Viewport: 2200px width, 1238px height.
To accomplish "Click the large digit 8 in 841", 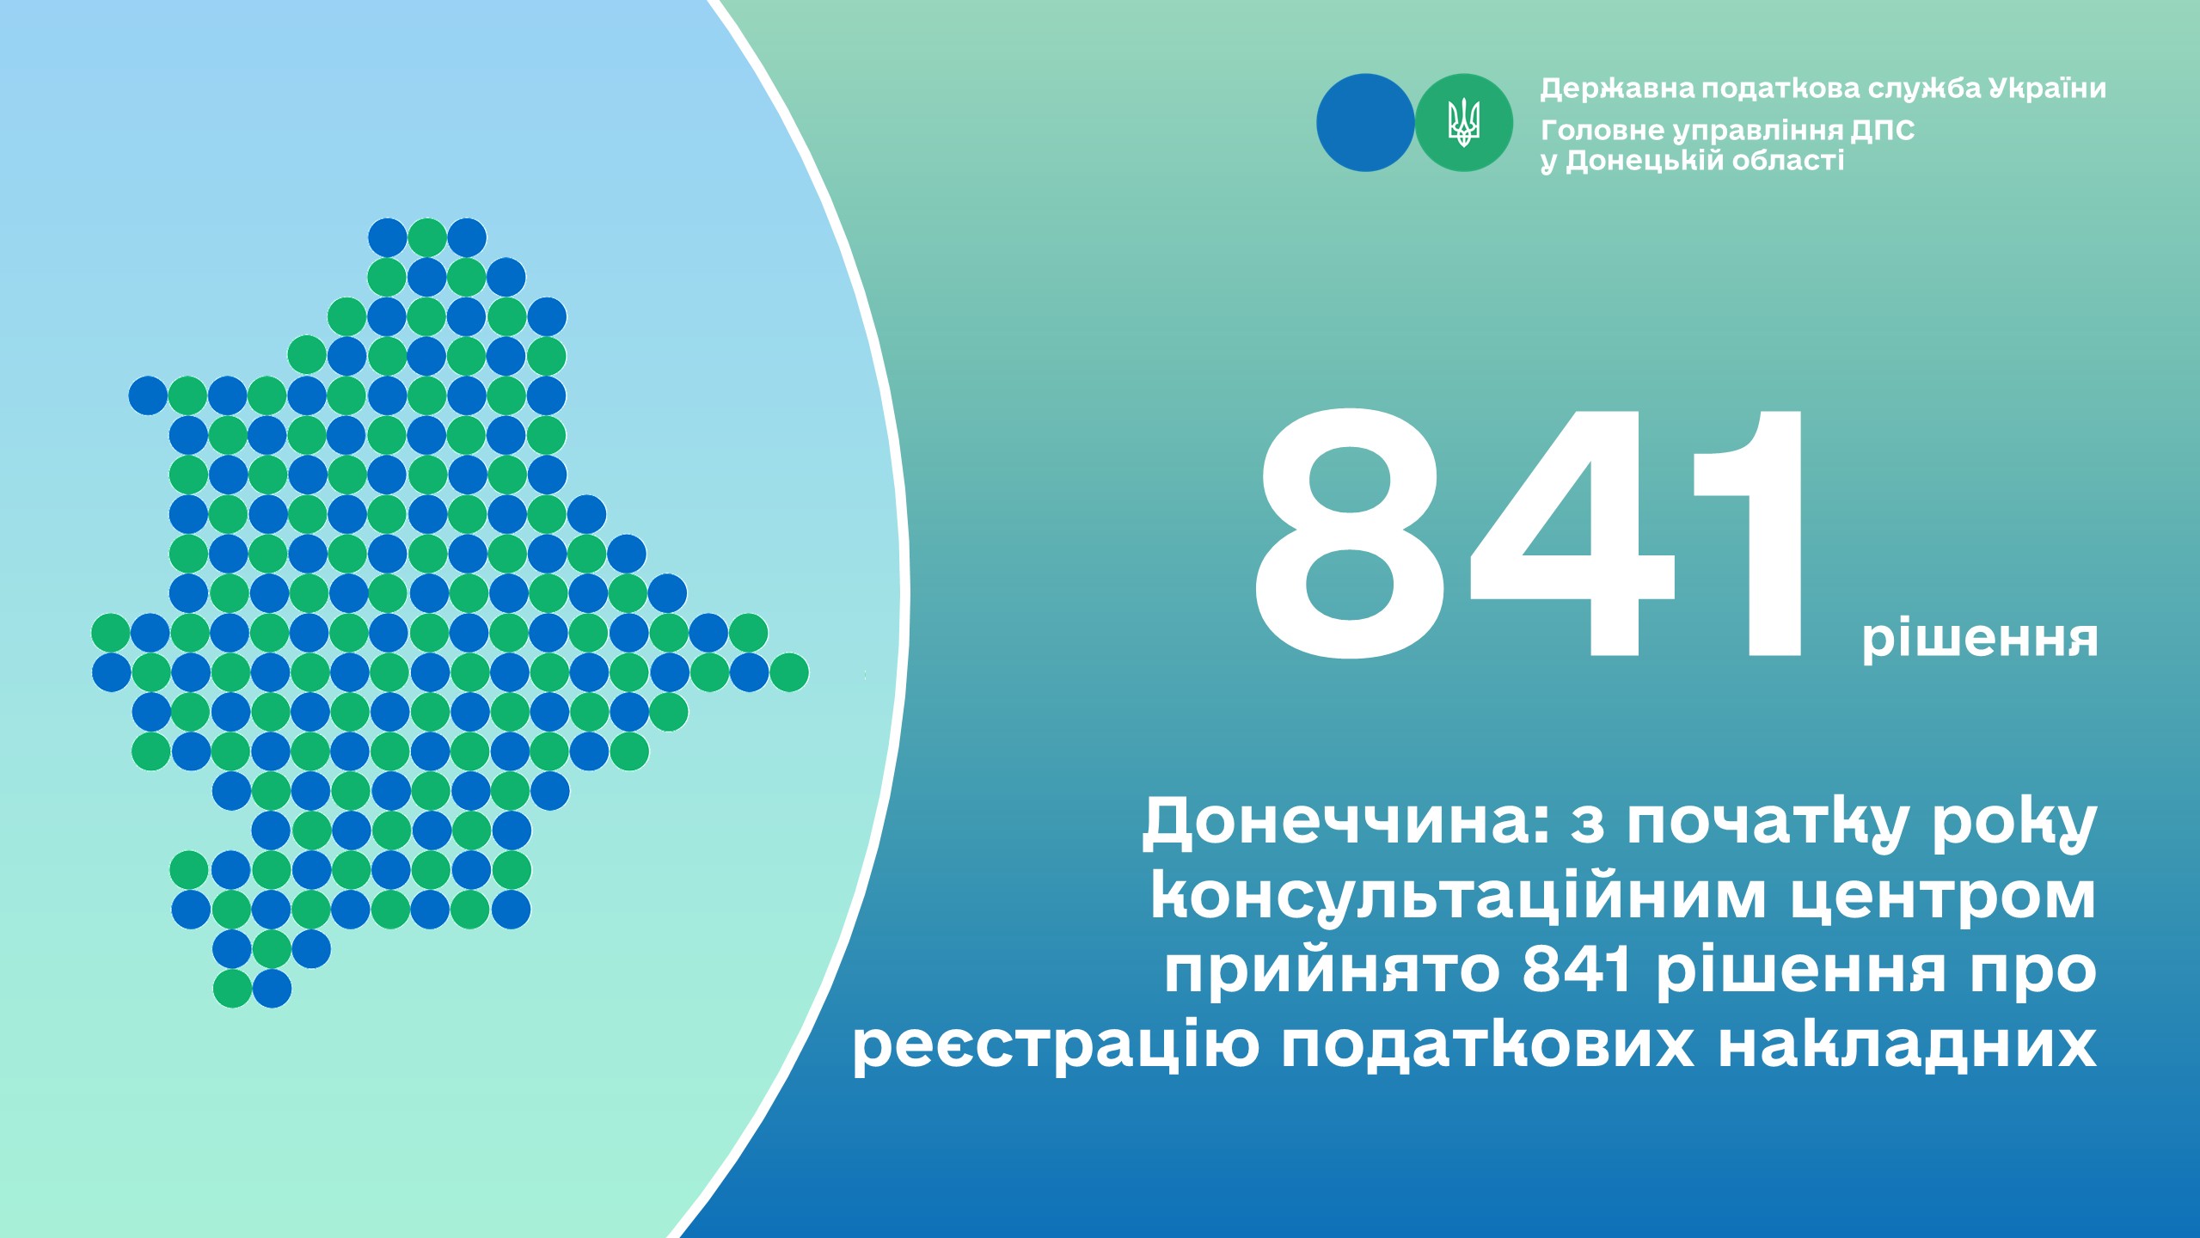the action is (1351, 534).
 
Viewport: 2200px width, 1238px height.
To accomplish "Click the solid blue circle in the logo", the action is (1365, 123).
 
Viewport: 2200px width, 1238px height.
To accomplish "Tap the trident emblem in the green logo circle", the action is (1464, 123).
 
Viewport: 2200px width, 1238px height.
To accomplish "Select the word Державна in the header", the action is (1617, 89).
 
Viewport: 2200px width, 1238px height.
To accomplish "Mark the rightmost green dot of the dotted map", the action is (789, 672).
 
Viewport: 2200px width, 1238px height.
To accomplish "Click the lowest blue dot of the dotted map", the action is (273, 989).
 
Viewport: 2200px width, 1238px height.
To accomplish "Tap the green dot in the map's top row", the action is (427, 237).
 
